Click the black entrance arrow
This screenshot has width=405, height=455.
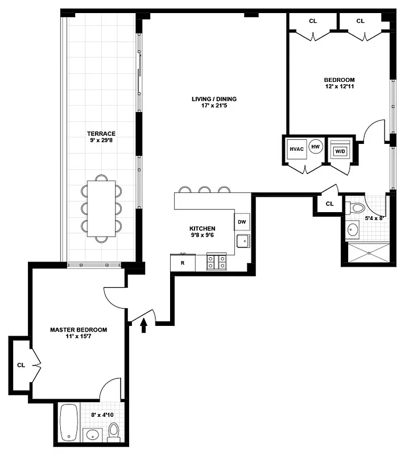(x=144, y=325)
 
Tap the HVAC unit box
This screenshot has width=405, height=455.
(x=296, y=149)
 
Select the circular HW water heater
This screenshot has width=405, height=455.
(x=316, y=147)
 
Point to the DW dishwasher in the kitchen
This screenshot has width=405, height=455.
(x=241, y=222)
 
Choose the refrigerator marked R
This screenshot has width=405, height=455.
(x=183, y=263)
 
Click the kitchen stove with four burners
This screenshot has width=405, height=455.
(x=216, y=262)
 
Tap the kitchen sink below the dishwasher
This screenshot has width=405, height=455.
(x=242, y=241)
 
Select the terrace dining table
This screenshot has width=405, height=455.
(x=101, y=208)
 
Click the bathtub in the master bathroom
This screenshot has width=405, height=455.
(x=70, y=421)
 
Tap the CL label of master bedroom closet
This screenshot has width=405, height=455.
(x=20, y=365)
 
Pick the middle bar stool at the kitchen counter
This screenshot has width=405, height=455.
(x=204, y=189)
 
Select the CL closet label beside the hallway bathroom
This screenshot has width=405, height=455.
(x=330, y=204)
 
